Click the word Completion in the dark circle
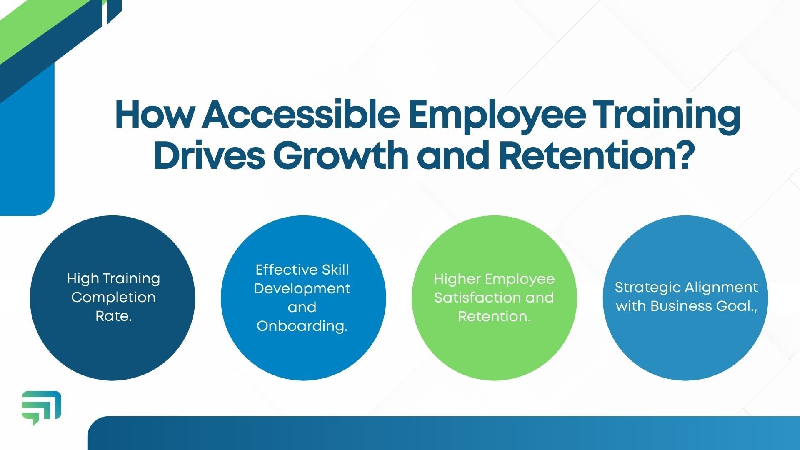(113, 297)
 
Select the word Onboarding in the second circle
(302, 326)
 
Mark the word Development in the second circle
(302, 289)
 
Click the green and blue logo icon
(41, 407)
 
